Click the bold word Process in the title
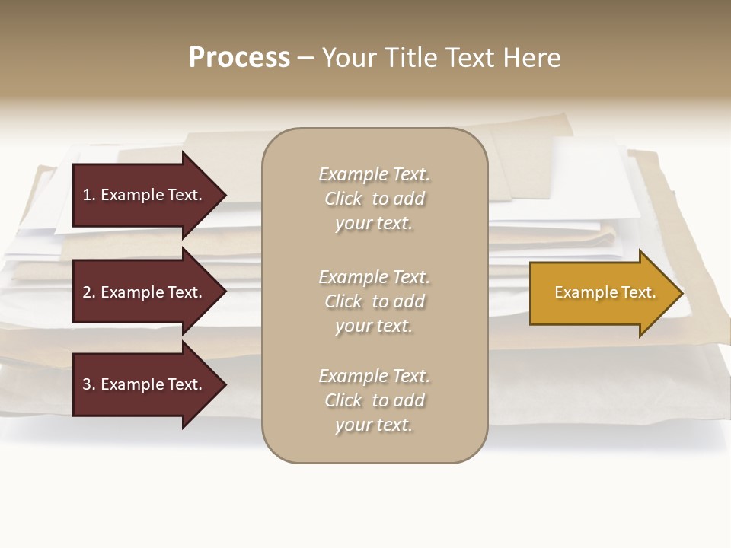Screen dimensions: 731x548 click(x=239, y=58)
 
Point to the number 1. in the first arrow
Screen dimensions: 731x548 click(x=89, y=195)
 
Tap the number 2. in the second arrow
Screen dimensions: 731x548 click(x=89, y=292)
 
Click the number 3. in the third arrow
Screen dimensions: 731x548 click(x=89, y=384)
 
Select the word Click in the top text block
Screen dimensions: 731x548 click(x=343, y=199)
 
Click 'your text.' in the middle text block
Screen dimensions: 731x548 click(x=374, y=326)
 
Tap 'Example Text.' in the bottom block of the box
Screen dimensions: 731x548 click(x=374, y=376)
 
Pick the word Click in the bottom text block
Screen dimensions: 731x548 click(x=343, y=400)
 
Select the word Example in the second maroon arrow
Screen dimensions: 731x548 click(x=131, y=292)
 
